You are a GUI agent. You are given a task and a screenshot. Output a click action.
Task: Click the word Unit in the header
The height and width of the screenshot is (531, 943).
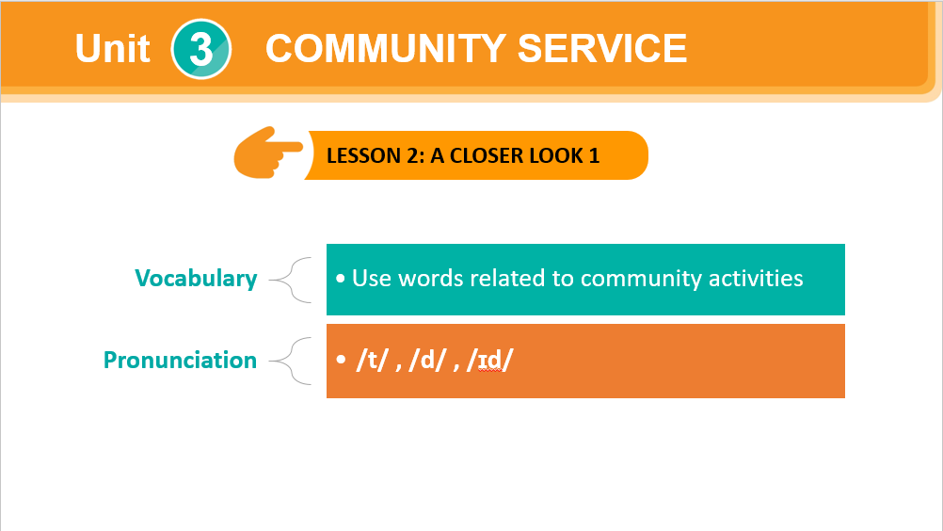click(x=112, y=48)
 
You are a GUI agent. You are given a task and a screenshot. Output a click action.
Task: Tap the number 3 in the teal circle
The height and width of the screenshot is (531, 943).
click(x=200, y=49)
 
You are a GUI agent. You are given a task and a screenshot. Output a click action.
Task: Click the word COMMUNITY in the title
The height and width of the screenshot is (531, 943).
click(x=386, y=48)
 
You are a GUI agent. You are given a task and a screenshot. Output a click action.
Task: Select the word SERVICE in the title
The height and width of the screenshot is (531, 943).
click(x=602, y=48)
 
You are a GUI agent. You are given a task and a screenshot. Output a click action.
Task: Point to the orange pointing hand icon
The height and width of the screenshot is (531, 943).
click(x=268, y=153)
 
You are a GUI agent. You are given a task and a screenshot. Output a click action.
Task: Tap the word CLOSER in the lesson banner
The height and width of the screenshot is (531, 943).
click(x=487, y=155)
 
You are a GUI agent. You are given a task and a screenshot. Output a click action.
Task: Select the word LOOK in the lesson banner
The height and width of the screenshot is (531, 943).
click(x=555, y=155)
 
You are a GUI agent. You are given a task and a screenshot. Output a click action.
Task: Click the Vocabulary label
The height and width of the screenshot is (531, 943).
click(x=196, y=279)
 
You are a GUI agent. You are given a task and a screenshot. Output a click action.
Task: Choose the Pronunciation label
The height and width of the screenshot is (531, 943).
click(x=180, y=360)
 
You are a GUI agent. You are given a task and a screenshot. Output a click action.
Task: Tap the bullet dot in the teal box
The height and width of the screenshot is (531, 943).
click(x=341, y=279)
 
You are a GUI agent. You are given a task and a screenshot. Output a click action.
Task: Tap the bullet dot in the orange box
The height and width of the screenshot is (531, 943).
click(x=341, y=360)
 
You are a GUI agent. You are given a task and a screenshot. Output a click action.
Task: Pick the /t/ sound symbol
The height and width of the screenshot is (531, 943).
click(x=372, y=360)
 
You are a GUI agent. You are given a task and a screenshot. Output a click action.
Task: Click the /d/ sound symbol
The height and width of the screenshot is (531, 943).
click(x=427, y=360)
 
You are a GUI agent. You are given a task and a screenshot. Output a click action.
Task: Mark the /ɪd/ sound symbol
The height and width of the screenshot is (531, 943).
click(x=490, y=360)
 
